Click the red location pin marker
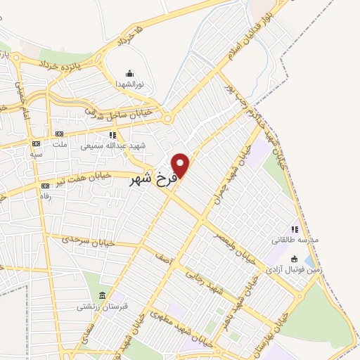pos(181,164)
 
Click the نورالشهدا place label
pos(129,84)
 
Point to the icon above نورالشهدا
pos(129,73)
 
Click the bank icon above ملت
pos(60,134)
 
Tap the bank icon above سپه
pos(36,142)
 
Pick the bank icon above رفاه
pos(46,186)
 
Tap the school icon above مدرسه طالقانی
pos(295,229)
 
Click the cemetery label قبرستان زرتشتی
pos(101,307)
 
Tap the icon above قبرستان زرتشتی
pos(104,295)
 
